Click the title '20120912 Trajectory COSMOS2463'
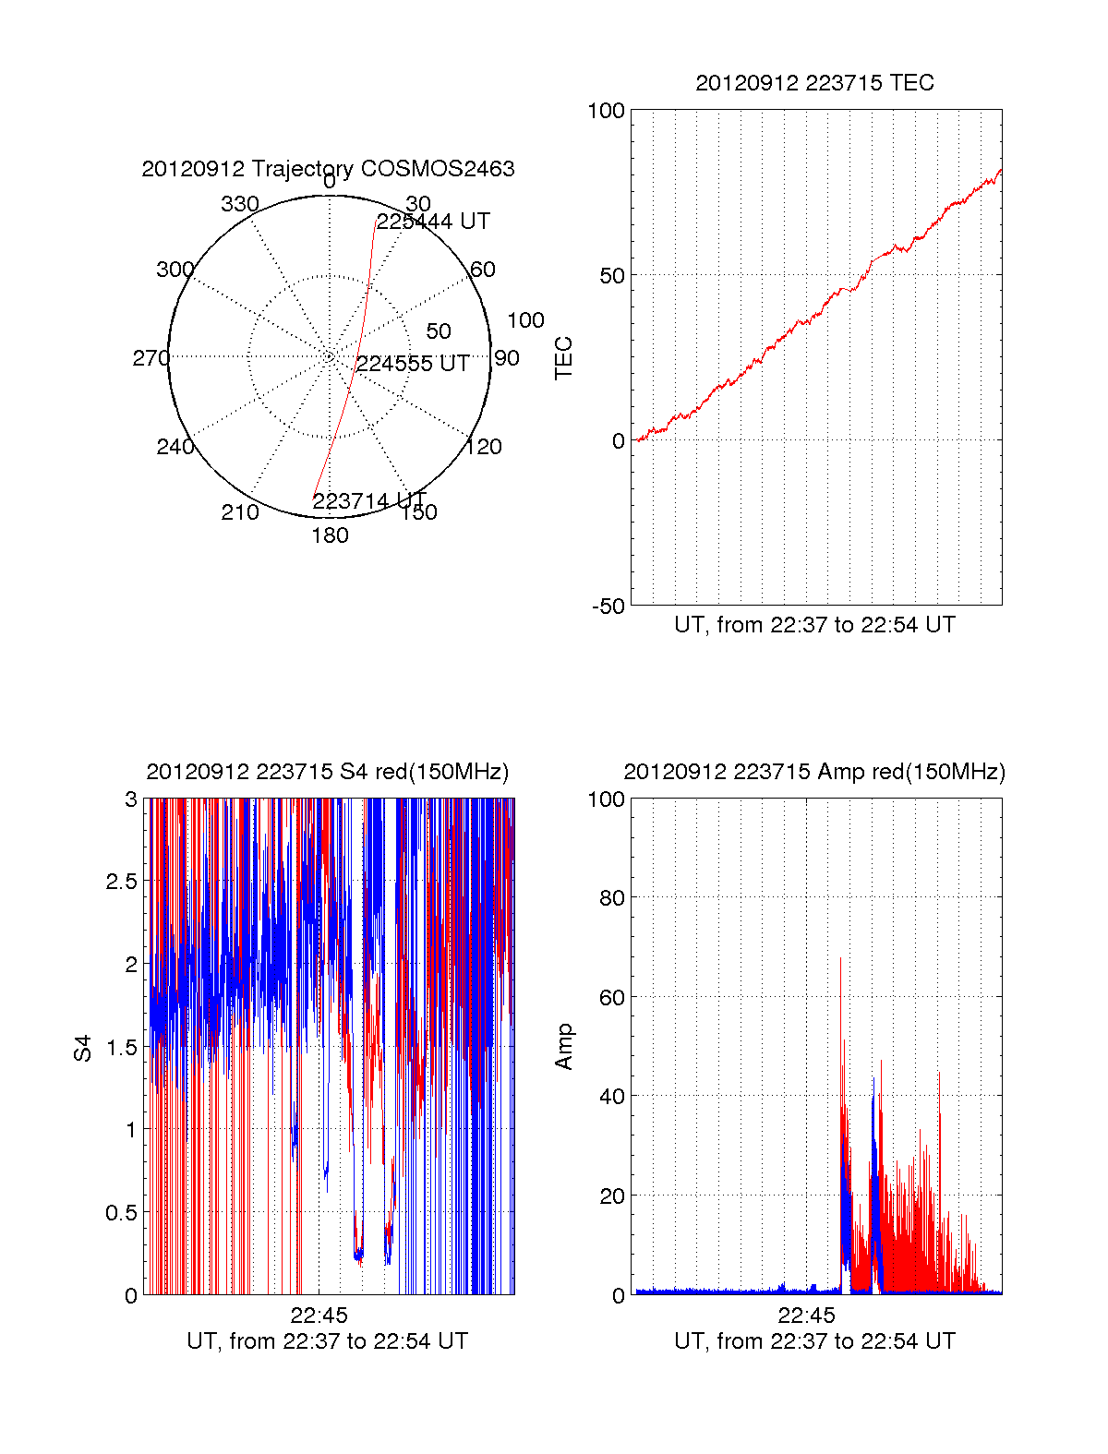(x=328, y=169)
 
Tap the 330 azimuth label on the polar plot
(x=239, y=204)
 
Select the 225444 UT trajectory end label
(x=433, y=222)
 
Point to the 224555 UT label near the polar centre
(x=413, y=364)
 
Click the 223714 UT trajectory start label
(x=368, y=501)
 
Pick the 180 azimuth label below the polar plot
(x=330, y=535)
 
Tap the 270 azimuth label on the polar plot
(x=151, y=358)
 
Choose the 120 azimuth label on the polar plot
(x=484, y=447)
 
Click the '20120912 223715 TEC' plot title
(x=814, y=83)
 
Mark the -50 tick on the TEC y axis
(x=608, y=606)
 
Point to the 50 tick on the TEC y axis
(x=612, y=275)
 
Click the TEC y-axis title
(x=563, y=357)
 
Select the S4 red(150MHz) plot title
(x=328, y=772)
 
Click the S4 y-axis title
(x=84, y=1048)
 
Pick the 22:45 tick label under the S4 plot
(x=319, y=1315)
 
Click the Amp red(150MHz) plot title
(x=814, y=772)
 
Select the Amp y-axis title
(x=563, y=1046)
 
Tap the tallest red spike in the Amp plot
(x=840, y=960)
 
